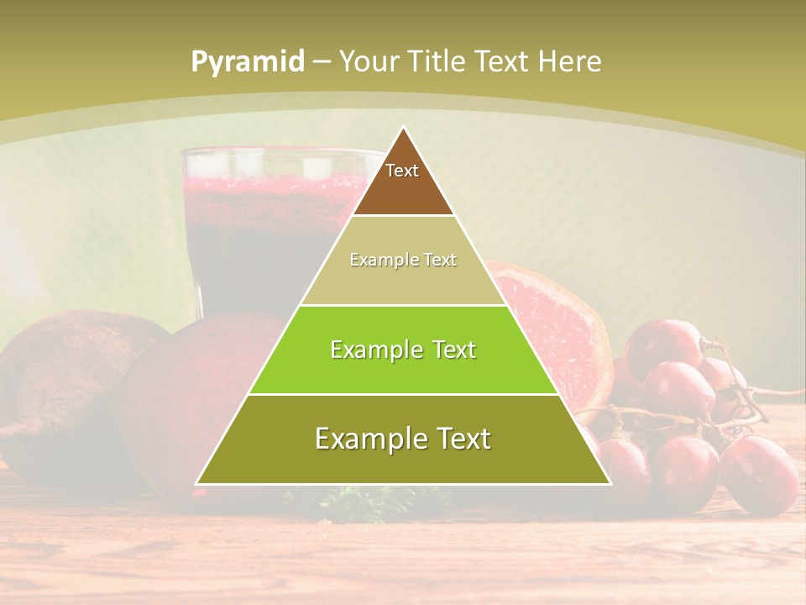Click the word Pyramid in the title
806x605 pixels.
click(x=247, y=62)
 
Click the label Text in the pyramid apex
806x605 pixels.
click(x=402, y=171)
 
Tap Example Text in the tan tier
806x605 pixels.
click(x=403, y=260)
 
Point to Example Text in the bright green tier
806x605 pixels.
click(x=403, y=350)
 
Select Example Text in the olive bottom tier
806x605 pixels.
click(x=403, y=439)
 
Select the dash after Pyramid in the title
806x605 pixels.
click(x=320, y=62)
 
